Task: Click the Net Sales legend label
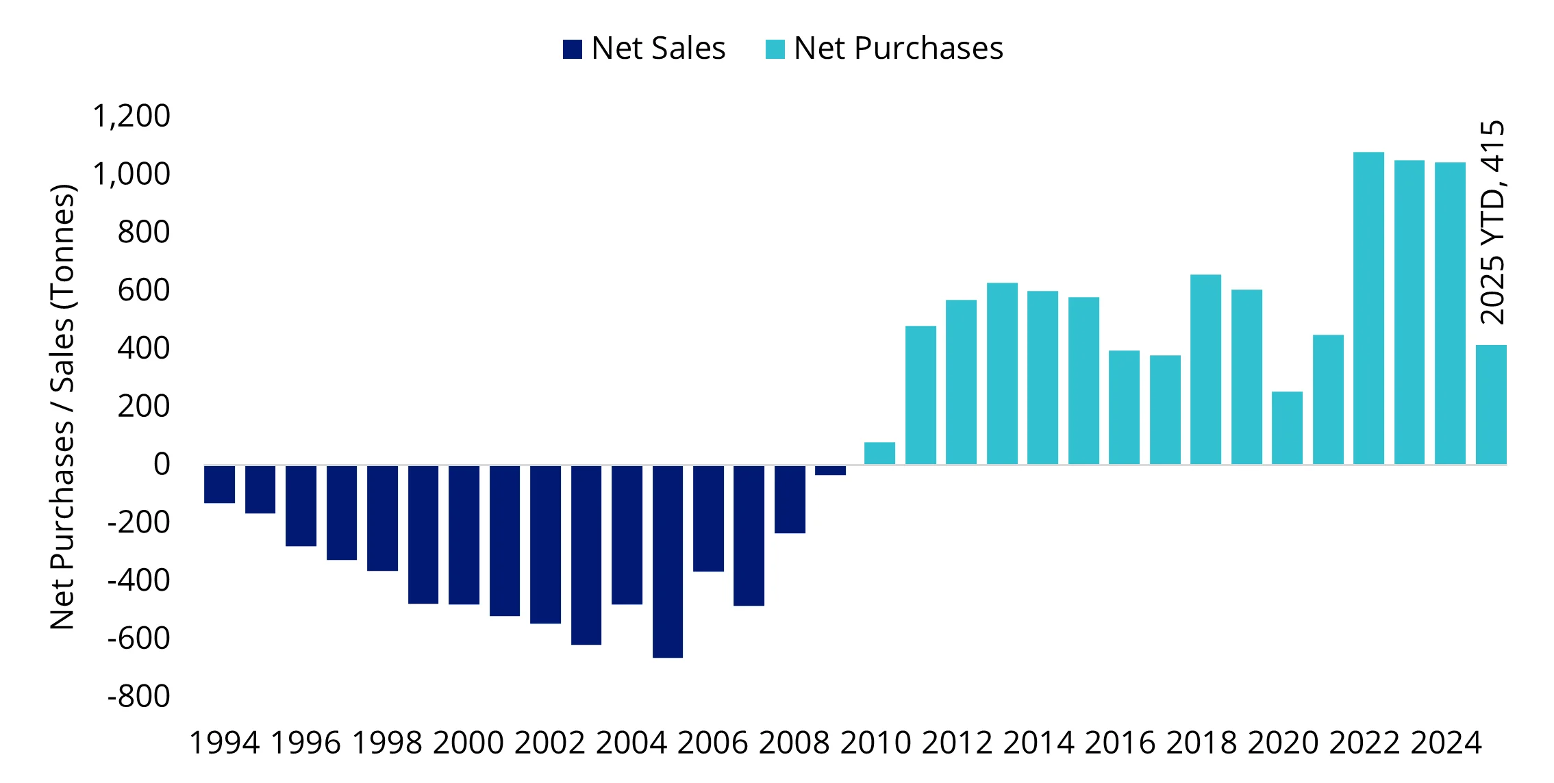pyautogui.click(x=657, y=49)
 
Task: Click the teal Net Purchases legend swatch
pyautogui.click(x=775, y=49)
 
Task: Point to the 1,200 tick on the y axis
pyautogui.click(x=131, y=116)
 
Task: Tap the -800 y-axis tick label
pyautogui.click(x=138, y=697)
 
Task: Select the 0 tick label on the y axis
pyautogui.click(x=162, y=465)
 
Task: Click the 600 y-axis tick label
pyautogui.click(x=143, y=290)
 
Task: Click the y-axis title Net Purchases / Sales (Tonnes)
pyautogui.click(x=62, y=407)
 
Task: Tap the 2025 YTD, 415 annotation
pyautogui.click(x=1492, y=222)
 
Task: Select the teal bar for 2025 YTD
pyautogui.click(x=1490, y=405)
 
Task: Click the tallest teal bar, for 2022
pyautogui.click(x=1368, y=308)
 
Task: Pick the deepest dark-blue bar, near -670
pyautogui.click(x=667, y=561)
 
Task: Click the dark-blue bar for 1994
pyautogui.click(x=219, y=484)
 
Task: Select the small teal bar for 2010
pyautogui.click(x=879, y=453)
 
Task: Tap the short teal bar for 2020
pyautogui.click(x=1287, y=428)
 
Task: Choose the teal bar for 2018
pyautogui.click(x=1205, y=370)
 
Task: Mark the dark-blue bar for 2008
pyautogui.click(x=790, y=499)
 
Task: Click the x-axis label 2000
pyautogui.click(x=468, y=743)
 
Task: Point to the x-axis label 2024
pyautogui.click(x=1446, y=743)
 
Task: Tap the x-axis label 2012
pyautogui.click(x=957, y=743)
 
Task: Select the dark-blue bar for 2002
pyautogui.click(x=545, y=544)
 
